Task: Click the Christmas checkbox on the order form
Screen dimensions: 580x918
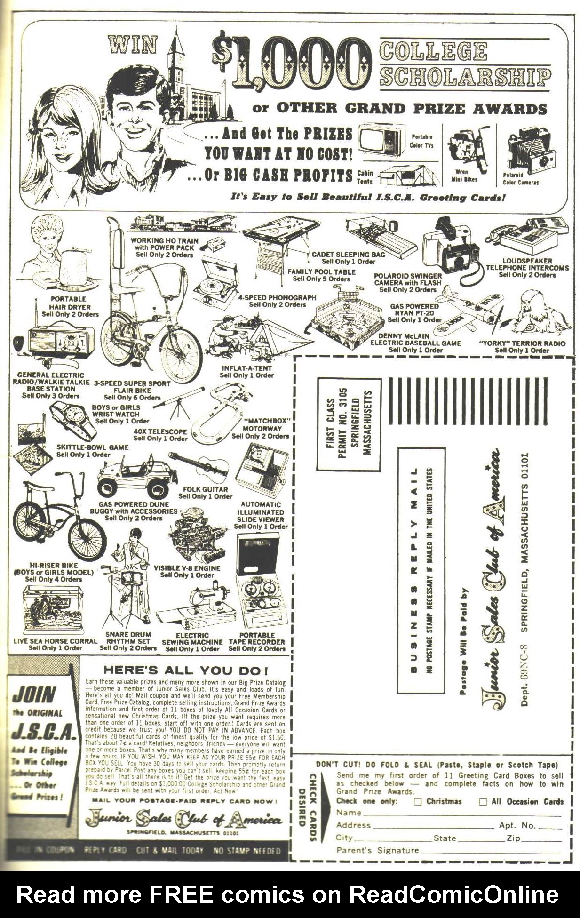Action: (418, 802)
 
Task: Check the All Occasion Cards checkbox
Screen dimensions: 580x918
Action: (483, 802)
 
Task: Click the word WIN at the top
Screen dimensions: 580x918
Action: (133, 45)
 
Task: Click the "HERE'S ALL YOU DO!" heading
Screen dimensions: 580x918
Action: (186, 670)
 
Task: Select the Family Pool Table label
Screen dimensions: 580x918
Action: (321, 272)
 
